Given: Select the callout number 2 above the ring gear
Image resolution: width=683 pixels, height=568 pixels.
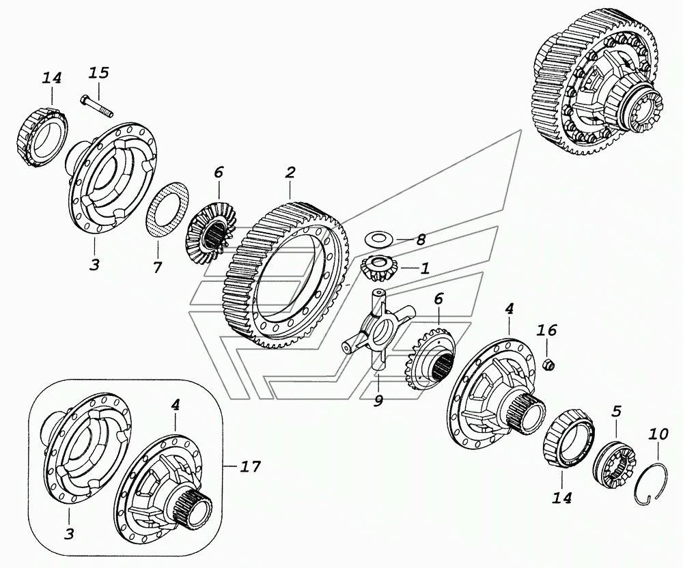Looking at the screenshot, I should pos(290,172).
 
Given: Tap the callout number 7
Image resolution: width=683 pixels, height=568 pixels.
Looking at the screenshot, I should pos(158,268).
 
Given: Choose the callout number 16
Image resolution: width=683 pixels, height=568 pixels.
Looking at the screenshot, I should pos(547,331).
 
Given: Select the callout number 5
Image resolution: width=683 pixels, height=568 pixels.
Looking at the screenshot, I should pos(616,411).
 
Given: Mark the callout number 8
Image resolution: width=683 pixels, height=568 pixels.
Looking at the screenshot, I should pos(421,240).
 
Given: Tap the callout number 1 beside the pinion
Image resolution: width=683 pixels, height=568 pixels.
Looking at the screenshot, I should pos(425,269).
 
